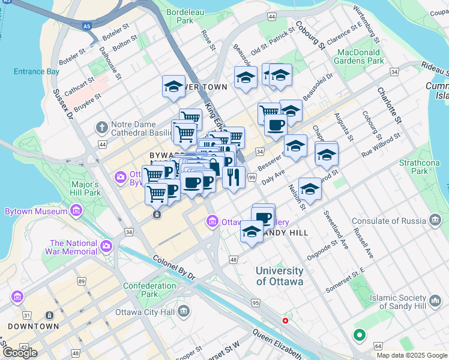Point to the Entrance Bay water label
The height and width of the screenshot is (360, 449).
[37, 71]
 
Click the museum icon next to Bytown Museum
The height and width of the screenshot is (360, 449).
[76, 211]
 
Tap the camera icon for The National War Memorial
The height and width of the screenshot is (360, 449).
[107, 245]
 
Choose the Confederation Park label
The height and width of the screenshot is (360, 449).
[149, 290]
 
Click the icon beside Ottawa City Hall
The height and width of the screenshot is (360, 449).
[183, 311]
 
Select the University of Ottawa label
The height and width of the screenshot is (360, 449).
[280, 276]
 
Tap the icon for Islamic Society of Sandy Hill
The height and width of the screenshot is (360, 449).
[434, 299]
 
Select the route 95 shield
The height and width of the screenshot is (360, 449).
[256, 303]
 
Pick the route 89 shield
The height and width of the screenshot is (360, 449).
[82, 281]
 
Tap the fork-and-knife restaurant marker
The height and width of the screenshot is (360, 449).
[232, 176]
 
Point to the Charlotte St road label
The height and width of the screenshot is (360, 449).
[388, 106]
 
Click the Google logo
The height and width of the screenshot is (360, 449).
[20, 352]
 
